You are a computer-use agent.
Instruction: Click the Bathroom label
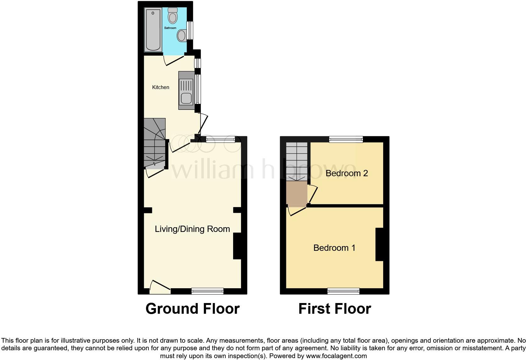[170, 28]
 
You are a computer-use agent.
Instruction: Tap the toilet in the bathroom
[172, 16]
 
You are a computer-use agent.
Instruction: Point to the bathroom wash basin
[181, 36]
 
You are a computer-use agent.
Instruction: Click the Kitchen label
[161, 87]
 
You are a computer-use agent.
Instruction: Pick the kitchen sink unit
[186, 91]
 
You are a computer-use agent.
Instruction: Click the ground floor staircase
[155, 143]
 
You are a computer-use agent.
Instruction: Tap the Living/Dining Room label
[192, 229]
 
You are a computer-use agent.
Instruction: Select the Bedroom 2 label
[346, 173]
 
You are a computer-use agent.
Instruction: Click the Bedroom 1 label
[334, 248]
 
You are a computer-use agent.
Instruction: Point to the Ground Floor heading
[193, 309]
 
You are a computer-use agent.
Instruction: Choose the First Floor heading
[334, 309]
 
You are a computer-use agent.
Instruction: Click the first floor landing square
[296, 193]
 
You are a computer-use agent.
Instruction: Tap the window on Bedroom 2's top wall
[346, 139]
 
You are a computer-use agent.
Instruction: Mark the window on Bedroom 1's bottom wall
[343, 291]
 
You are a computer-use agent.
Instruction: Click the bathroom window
[190, 30]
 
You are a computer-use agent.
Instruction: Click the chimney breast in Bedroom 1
[379, 244]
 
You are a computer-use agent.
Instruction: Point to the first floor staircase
[296, 161]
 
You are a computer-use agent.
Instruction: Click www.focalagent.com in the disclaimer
[336, 356]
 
